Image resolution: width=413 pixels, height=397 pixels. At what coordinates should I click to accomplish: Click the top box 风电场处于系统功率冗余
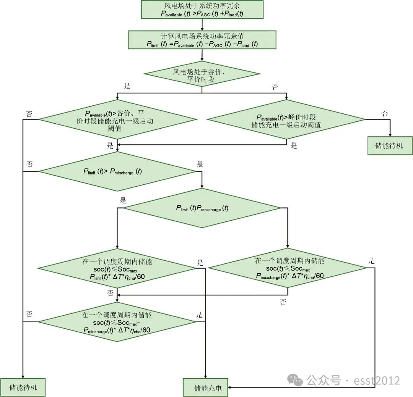click(x=202, y=10)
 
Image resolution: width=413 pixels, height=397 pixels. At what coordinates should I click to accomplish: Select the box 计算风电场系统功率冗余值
click(x=202, y=40)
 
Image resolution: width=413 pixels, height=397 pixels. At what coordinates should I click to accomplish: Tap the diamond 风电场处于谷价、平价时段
click(x=202, y=74)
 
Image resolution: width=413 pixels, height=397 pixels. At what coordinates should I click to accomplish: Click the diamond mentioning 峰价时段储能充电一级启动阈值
click(x=286, y=120)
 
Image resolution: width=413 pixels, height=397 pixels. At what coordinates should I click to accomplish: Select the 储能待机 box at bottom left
click(x=23, y=388)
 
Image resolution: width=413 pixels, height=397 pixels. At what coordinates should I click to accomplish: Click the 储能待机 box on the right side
click(x=390, y=145)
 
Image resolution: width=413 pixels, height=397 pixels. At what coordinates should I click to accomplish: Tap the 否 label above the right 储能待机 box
click(x=385, y=113)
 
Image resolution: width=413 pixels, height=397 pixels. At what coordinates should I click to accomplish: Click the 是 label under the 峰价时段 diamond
click(x=294, y=145)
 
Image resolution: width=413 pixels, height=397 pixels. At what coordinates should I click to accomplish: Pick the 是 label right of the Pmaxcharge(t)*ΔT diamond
click(x=371, y=261)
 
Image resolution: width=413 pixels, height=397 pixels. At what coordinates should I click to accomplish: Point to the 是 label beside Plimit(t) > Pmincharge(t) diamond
click(x=200, y=165)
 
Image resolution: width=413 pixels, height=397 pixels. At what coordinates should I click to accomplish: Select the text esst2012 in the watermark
click(x=377, y=380)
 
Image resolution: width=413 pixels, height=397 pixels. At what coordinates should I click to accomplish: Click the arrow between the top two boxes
click(x=202, y=25)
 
